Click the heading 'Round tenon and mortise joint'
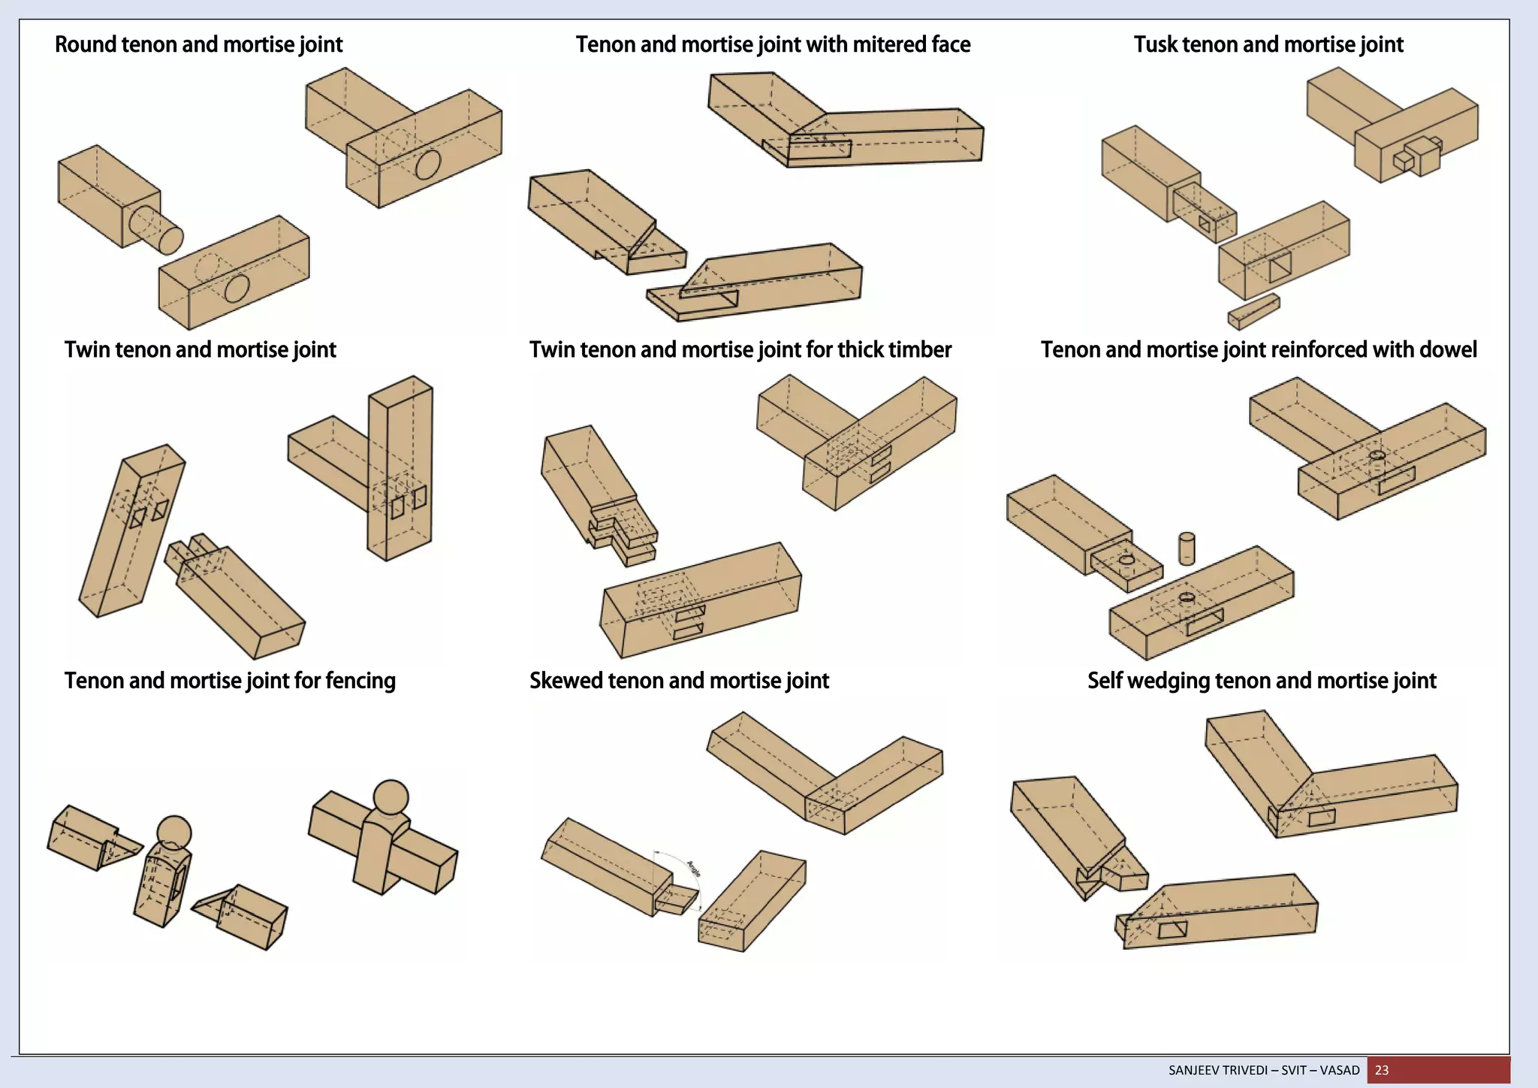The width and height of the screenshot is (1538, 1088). click(198, 44)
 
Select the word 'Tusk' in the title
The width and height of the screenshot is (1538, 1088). click(1155, 44)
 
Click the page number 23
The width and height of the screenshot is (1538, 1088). click(1382, 1070)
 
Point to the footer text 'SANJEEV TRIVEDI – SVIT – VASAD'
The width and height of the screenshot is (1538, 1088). click(1264, 1070)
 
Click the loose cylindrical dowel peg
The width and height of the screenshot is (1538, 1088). click(1187, 549)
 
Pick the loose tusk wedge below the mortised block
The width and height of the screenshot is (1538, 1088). click(1253, 311)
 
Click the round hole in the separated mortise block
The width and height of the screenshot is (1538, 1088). click(237, 288)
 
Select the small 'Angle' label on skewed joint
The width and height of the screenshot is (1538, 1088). click(694, 869)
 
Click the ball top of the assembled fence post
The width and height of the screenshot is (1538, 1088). click(391, 797)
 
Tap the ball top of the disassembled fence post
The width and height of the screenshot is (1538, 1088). click(174, 833)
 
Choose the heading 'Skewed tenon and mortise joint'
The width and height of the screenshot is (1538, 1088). click(679, 681)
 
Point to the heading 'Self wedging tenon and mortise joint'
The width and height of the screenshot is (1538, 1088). click(1262, 681)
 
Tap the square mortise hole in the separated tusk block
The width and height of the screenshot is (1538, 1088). click(1280, 267)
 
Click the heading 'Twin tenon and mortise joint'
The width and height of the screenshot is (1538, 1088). click(200, 349)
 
